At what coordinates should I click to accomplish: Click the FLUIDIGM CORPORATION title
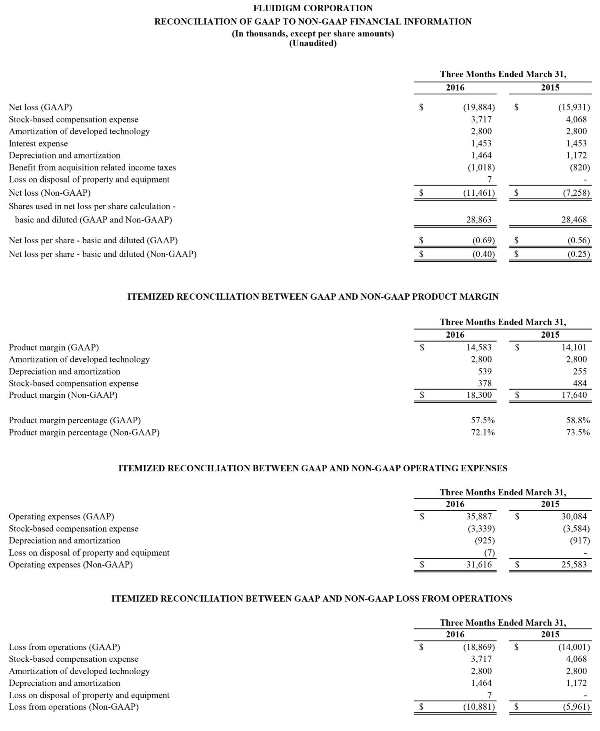pos(313,8)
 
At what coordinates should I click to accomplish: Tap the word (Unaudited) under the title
pos(313,44)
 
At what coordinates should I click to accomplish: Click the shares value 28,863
pos(479,220)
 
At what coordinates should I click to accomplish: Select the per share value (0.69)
pos(484,240)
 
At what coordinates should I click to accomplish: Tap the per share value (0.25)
pos(578,254)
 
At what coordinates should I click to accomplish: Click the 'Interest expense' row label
pos(38,143)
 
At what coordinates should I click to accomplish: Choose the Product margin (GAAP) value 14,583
pos(479,347)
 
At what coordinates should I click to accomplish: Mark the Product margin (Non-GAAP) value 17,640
pos(574,395)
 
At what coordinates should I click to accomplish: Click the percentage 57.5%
pos(483,420)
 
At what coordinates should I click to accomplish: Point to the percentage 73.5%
pos(578,432)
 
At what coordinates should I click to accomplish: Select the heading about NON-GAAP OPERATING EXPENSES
pos(313,468)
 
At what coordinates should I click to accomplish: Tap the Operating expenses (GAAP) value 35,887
pos(479,517)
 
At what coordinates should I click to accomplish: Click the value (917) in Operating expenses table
pos(580,541)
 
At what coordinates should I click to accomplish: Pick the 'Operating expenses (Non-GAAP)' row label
pos(71,565)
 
